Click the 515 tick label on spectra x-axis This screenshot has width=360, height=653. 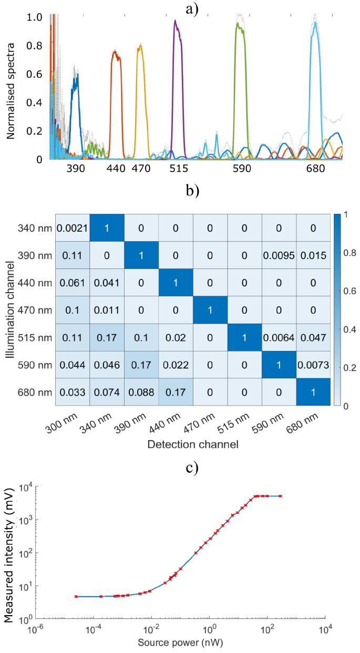pos(181,169)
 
